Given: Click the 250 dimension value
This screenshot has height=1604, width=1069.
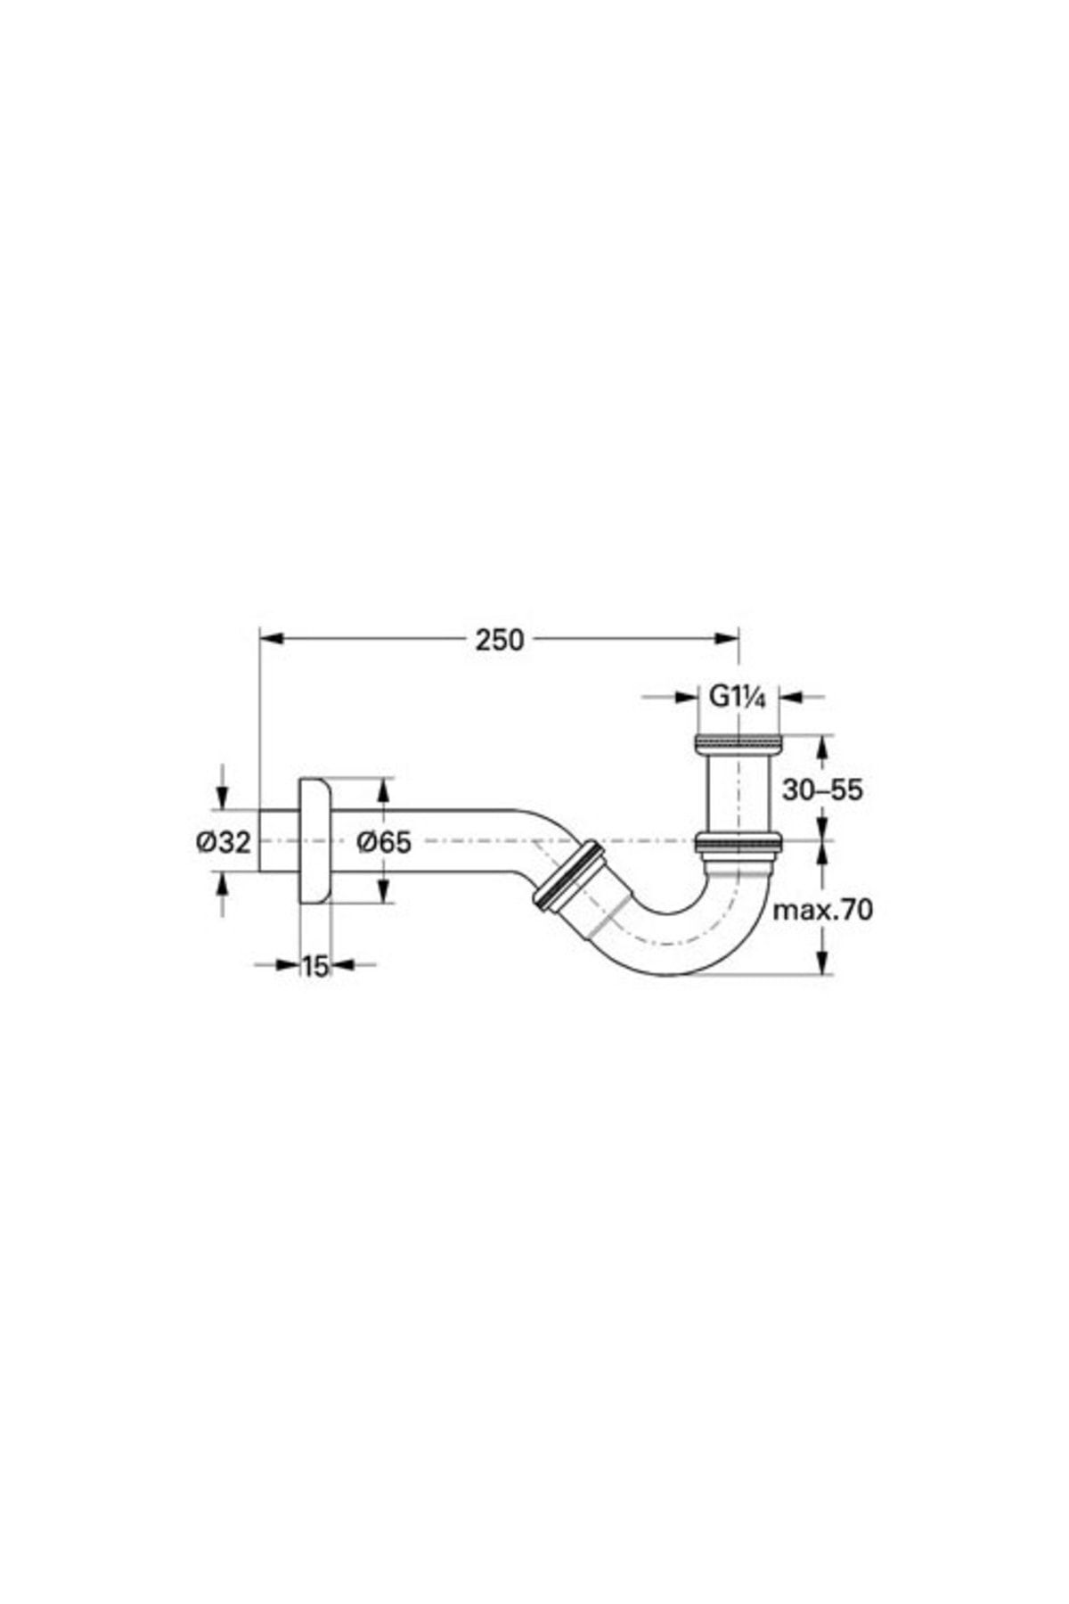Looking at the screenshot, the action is (499, 640).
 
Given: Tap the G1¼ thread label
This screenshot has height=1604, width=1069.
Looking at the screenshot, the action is (738, 697).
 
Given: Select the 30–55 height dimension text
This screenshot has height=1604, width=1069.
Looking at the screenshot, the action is (822, 789).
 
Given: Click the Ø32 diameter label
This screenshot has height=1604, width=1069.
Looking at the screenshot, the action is (224, 840).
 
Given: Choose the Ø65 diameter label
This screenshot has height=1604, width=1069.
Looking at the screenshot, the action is (384, 840).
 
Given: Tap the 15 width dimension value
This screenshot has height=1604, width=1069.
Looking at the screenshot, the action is (314, 965).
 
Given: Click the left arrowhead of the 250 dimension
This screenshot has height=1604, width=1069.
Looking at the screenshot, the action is (271, 637).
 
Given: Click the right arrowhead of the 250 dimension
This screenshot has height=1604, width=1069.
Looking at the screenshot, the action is (727, 637).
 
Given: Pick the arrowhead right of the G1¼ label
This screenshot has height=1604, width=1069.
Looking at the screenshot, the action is (792, 698).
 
